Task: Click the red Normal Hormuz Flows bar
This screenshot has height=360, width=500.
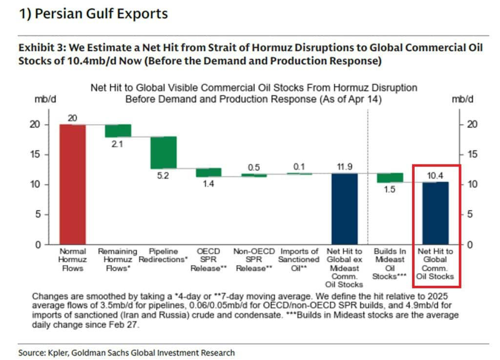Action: pyautogui.click(x=73, y=184)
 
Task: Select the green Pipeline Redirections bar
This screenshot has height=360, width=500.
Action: pyautogui.click(x=163, y=153)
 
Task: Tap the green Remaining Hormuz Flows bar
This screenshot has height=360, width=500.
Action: pyautogui.click(x=118, y=131)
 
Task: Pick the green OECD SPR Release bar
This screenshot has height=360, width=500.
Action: pyautogui.click(x=208, y=173)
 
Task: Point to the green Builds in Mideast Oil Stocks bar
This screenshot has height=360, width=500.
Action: pyautogui.click(x=390, y=178)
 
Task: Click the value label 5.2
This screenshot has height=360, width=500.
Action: pyautogui.click(x=163, y=176)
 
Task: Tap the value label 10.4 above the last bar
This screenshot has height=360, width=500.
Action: pyautogui.click(x=435, y=175)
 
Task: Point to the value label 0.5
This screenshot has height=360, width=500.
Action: pyautogui.click(x=253, y=167)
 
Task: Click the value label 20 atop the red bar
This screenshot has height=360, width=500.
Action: pyautogui.click(x=73, y=118)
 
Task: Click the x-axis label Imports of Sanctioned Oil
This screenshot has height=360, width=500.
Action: pyautogui.click(x=299, y=260)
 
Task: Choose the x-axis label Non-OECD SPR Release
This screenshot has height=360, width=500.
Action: pyautogui.click(x=253, y=260)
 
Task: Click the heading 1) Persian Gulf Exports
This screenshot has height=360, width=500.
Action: pyautogui.click(x=93, y=14)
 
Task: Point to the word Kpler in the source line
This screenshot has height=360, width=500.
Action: pyautogui.click(x=54, y=352)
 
